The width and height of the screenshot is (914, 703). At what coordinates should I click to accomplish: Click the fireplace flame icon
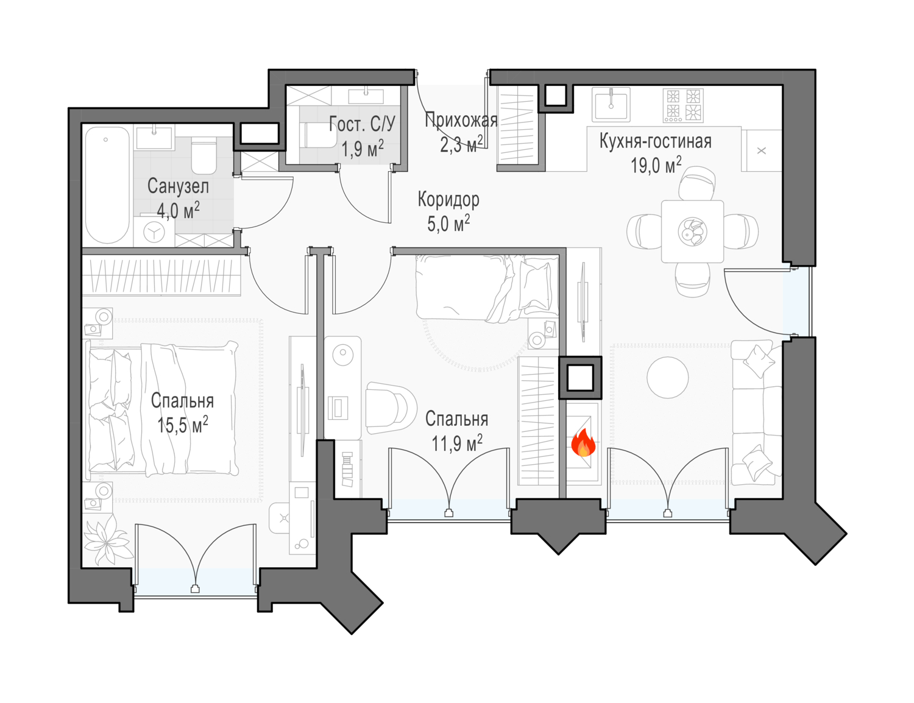(x=583, y=443)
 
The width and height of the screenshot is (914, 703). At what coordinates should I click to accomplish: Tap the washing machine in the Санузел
(x=154, y=231)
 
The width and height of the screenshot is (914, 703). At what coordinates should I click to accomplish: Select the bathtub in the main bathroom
(x=107, y=185)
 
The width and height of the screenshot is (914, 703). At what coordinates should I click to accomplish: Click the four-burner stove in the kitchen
(x=683, y=105)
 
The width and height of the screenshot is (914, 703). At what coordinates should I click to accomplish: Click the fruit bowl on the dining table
(x=692, y=231)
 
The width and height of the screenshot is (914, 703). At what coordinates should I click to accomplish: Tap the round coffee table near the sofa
(x=667, y=377)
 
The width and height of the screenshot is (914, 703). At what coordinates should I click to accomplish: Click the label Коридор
(x=448, y=200)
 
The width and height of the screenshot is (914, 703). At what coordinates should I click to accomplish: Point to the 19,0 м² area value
(x=656, y=165)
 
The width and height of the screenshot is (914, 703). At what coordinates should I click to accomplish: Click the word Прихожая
(x=461, y=120)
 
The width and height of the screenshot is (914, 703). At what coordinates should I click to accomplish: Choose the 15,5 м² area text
(x=183, y=425)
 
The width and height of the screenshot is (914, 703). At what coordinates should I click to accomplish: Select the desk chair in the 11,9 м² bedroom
(x=391, y=408)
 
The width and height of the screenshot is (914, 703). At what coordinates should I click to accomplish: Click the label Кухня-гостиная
(x=655, y=141)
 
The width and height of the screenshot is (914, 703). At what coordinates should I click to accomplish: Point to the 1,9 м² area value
(x=363, y=148)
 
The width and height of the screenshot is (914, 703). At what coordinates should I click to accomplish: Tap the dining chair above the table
(x=696, y=183)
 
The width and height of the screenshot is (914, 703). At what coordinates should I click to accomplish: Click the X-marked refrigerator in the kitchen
(x=761, y=150)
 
